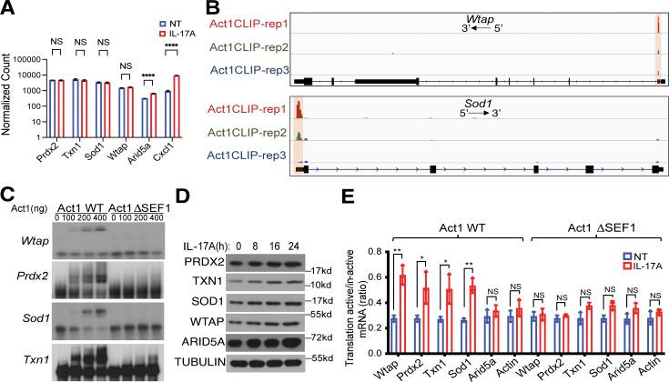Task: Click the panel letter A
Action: pos(7,8)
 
